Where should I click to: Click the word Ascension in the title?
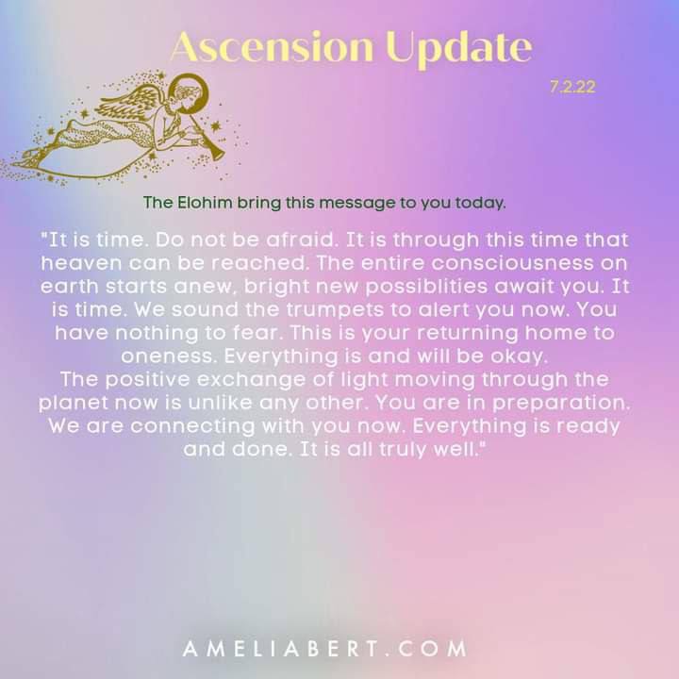(x=273, y=47)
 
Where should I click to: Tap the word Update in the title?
(x=459, y=49)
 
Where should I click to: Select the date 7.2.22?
(x=572, y=87)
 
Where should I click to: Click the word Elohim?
(x=205, y=203)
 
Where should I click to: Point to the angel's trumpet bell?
(x=218, y=153)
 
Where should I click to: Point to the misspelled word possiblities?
(x=426, y=288)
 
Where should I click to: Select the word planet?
(x=74, y=404)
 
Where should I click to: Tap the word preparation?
(x=562, y=404)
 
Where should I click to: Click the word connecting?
(x=192, y=427)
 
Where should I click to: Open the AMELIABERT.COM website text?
(x=324, y=649)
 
